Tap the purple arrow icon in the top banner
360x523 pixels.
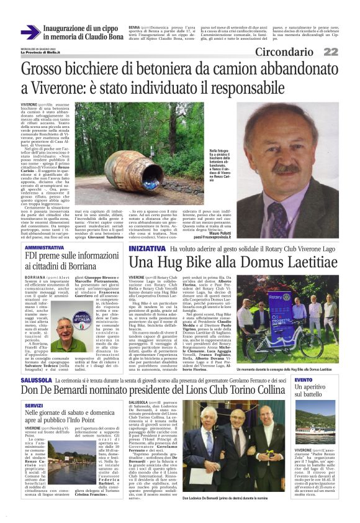point(30,32)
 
